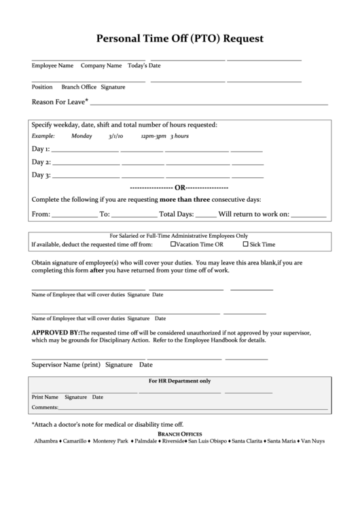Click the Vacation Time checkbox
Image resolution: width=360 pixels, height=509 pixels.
(x=173, y=244)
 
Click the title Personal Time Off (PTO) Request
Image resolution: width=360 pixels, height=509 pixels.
(x=180, y=39)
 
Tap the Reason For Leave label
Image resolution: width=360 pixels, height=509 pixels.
(x=58, y=103)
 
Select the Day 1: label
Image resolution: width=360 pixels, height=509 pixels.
(x=41, y=149)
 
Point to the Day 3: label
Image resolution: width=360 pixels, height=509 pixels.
(x=41, y=175)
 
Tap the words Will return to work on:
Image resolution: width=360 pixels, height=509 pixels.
(x=254, y=213)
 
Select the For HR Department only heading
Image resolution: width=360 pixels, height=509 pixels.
(x=179, y=381)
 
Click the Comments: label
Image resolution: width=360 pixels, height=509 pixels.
(x=44, y=408)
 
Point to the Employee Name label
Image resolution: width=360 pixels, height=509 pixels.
(x=52, y=66)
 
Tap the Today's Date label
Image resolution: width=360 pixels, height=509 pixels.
(x=144, y=66)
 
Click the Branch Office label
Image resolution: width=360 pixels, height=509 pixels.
(x=79, y=87)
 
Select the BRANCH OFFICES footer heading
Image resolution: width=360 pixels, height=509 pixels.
(x=179, y=434)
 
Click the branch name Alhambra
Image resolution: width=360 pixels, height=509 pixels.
(x=46, y=441)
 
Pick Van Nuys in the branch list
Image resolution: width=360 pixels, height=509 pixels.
(x=312, y=441)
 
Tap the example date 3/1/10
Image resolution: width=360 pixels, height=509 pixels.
(x=115, y=136)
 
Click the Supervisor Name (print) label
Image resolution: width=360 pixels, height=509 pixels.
(x=66, y=364)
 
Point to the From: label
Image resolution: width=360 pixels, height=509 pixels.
(x=41, y=213)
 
